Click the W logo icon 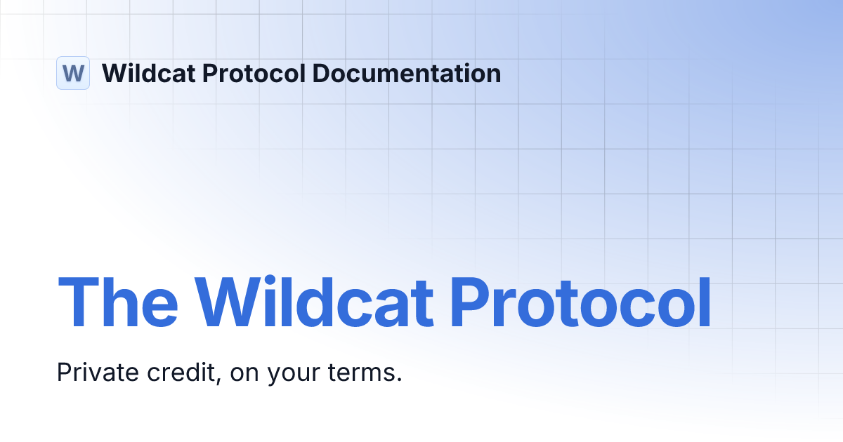[x=73, y=73]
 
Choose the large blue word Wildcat [x=313, y=303]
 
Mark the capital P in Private [x=63, y=372]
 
